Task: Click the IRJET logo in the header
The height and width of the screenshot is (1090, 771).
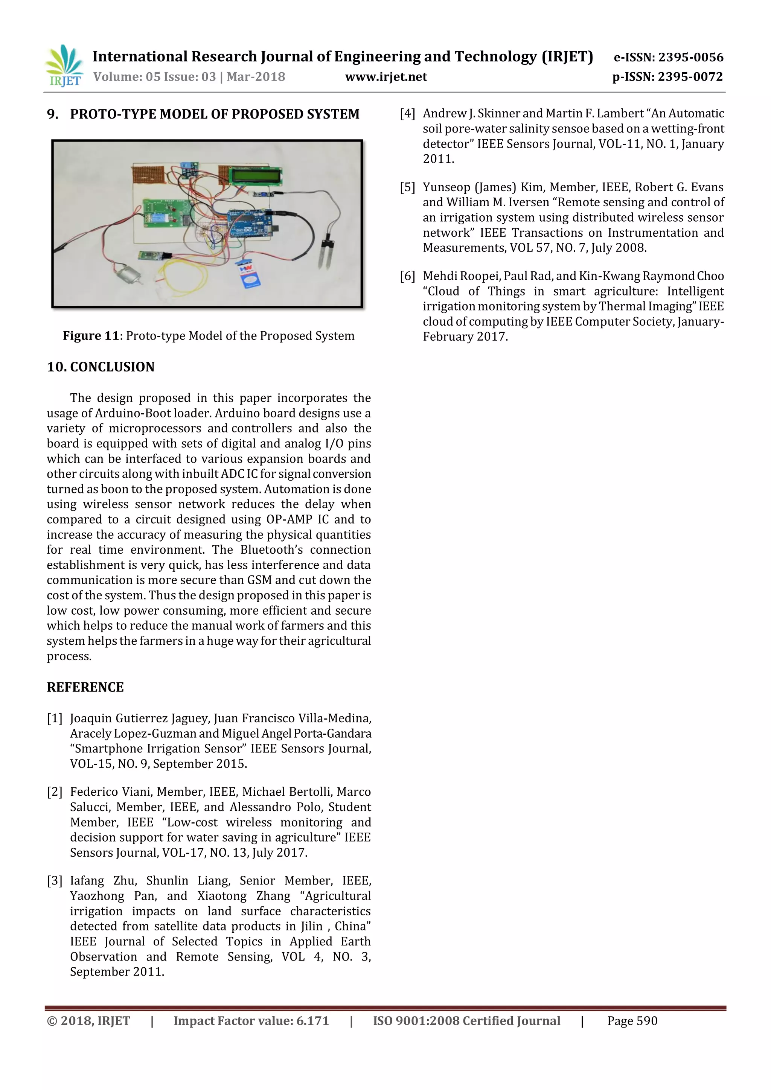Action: point(64,66)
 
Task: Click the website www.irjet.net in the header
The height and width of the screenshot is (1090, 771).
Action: point(385,77)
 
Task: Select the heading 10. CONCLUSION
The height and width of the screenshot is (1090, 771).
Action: point(101,367)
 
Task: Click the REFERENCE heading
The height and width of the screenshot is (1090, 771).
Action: point(85,687)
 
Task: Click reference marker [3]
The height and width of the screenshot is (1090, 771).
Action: point(55,881)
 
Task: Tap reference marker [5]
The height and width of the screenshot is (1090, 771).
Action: point(407,187)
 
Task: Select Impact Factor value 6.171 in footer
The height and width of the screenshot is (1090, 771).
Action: point(251,1021)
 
